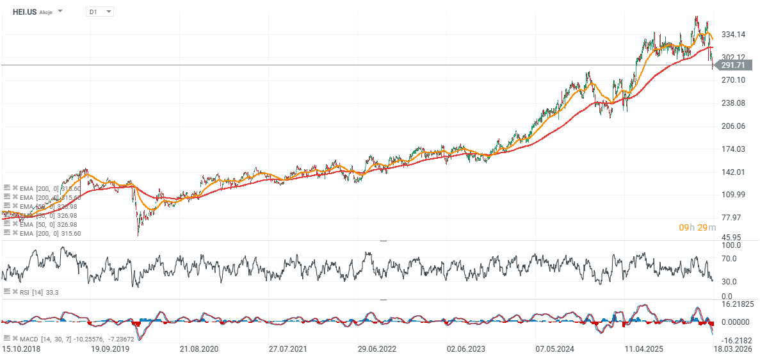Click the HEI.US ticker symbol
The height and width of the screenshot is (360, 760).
(x=24, y=12)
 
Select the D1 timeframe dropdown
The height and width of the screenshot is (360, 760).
(x=99, y=12)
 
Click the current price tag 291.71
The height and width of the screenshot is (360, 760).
(x=732, y=65)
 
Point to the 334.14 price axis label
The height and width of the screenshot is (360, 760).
(x=732, y=34)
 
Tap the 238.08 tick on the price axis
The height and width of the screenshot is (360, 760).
(x=732, y=102)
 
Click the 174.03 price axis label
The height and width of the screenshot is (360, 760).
(x=732, y=149)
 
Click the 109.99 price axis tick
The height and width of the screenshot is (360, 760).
(x=732, y=194)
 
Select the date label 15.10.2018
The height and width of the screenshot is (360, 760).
(x=20, y=348)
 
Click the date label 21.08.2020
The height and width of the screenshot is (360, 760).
(x=199, y=348)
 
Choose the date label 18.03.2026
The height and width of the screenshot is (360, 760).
(x=732, y=348)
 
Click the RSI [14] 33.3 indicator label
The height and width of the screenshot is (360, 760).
(x=38, y=291)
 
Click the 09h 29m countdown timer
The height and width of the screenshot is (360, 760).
(x=697, y=227)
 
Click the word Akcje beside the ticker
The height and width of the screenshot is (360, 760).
(x=46, y=12)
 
